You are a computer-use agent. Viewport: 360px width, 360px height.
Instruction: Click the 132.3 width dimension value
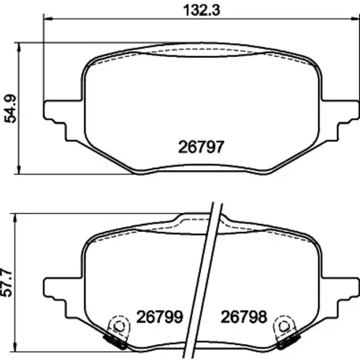pyautogui.click(x=202, y=11)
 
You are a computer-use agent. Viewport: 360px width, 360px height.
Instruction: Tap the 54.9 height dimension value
pyautogui.click(x=11, y=109)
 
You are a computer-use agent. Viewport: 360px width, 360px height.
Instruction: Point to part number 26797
pyautogui.click(x=201, y=147)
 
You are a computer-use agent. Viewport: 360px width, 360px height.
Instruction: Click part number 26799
pyautogui.click(x=160, y=317)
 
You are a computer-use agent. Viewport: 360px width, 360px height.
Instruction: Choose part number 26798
pyautogui.click(x=244, y=317)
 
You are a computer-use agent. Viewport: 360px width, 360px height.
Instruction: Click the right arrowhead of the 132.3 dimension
pyautogui.click(x=355, y=19)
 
